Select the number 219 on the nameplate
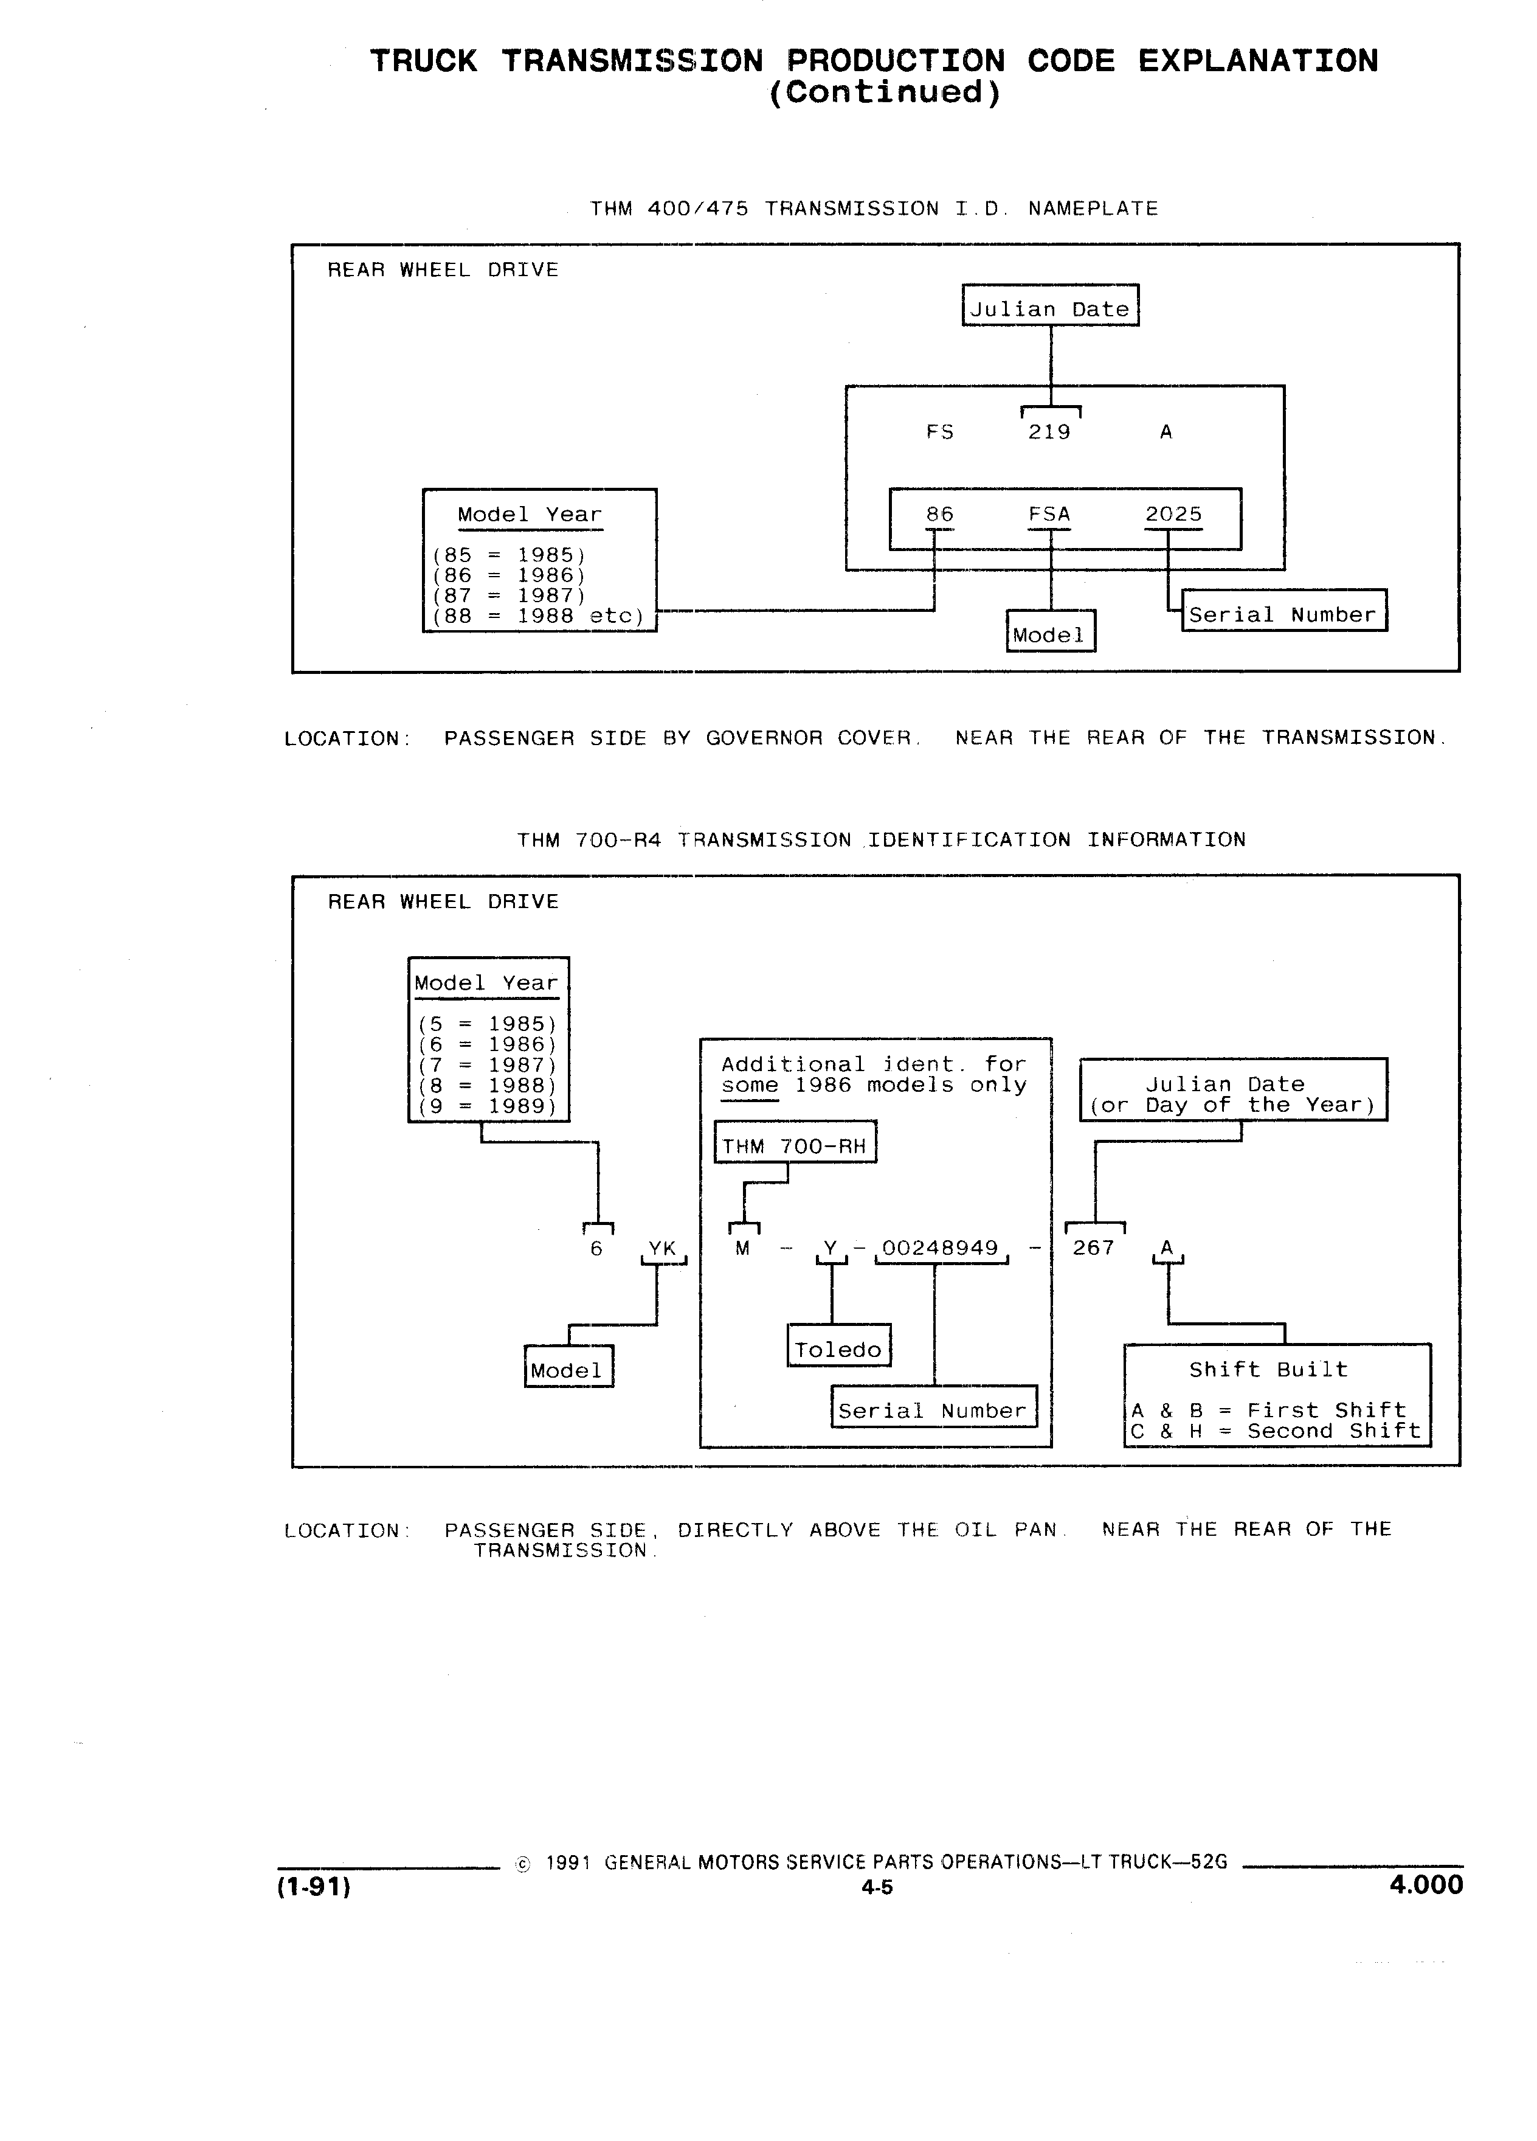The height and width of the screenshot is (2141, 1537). (x=1049, y=432)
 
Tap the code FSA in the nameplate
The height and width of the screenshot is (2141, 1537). (x=1049, y=515)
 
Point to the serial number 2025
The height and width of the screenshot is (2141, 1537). (x=1174, y=515)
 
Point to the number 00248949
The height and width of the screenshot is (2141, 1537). (x=940, y=1248)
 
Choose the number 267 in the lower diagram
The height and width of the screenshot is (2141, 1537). (x=1094, y=1248)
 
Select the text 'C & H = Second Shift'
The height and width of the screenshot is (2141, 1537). (x=1276, y=1431)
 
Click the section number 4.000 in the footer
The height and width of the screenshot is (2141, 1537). (x=1426, y=1885)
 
